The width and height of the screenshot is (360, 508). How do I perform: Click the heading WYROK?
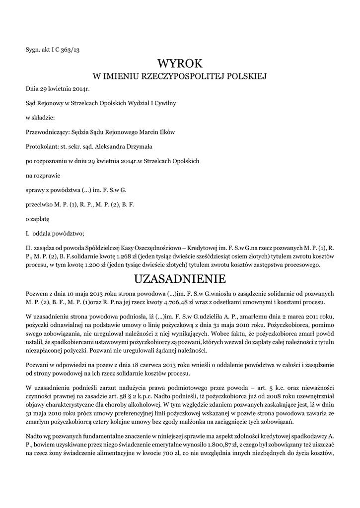tap(180, 63)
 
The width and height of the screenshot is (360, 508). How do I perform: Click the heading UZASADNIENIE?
tap(180, 277)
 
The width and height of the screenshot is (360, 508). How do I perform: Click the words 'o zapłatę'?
tap(37, 218)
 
